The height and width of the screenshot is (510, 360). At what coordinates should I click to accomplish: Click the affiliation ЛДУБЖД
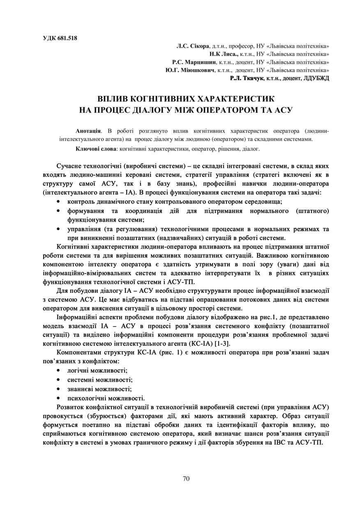[x=316, y=78]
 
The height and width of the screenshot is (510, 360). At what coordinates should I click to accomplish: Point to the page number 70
[x=186, y=478]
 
